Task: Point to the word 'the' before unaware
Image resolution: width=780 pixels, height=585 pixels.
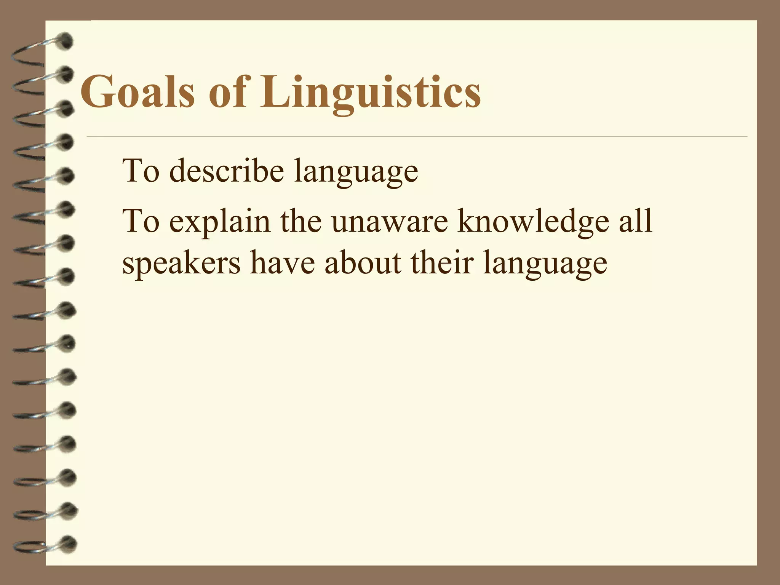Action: pyautogui.click(x=301, y=221)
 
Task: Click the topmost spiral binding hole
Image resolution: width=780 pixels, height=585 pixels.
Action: pyautogui.click(x=66, y=41)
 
